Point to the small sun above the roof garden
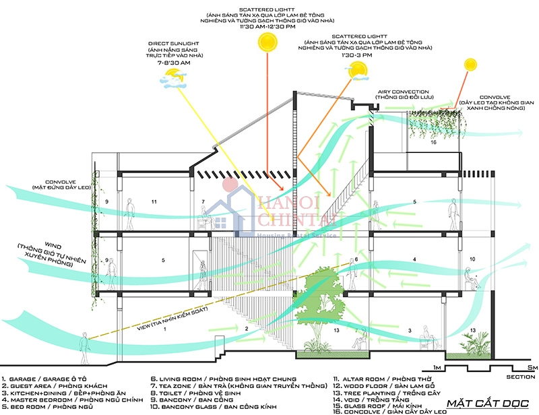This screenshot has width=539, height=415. (x=470, y=65)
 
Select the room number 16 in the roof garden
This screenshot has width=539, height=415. (x=434, y=143)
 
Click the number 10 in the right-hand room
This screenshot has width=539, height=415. (x=472, y=259)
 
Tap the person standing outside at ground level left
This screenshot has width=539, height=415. (x=84, y=348)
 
